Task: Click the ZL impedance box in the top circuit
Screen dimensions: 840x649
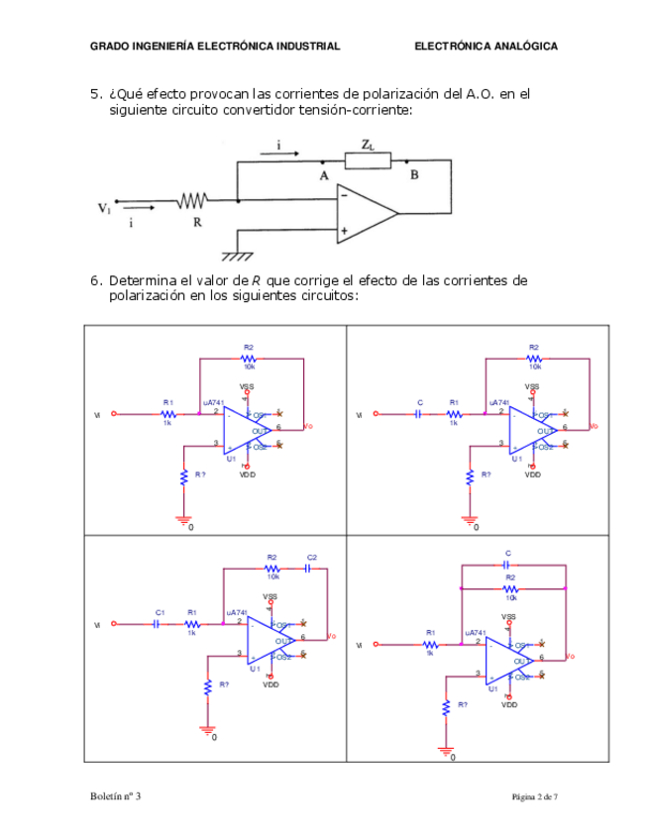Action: (368, 160)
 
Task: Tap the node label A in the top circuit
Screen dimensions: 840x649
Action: (323, 175)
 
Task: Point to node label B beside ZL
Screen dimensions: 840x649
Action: (414, 175)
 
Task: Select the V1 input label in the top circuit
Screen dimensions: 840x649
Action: (104, 208)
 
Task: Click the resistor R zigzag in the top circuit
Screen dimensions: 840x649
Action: (192, 201)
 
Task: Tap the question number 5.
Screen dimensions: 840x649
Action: (95, 94)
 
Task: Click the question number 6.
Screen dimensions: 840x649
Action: (95, 280)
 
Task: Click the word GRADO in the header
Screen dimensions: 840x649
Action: (108, 47)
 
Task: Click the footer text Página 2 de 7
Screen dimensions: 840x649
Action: (535, 796)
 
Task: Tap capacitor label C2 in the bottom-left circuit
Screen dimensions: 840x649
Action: (311, 558)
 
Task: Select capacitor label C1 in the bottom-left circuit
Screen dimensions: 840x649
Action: (160, 613)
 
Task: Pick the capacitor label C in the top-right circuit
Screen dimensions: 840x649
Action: (420, 402)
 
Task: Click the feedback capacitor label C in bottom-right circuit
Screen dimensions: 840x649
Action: (508, 554)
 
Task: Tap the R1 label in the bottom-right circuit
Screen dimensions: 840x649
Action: (430, 632)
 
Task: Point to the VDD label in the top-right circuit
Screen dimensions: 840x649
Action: (532, 474)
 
